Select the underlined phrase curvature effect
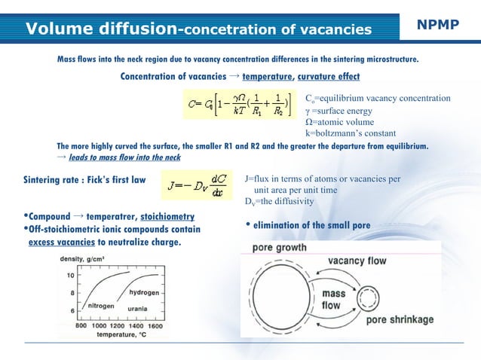(328, 76)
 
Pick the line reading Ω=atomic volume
(339, 121)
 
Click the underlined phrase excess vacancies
(61, 243)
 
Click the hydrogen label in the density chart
(143, 291)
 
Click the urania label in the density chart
(141, 309)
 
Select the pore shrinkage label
(400, 319)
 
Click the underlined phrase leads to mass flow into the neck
(124, 159)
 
